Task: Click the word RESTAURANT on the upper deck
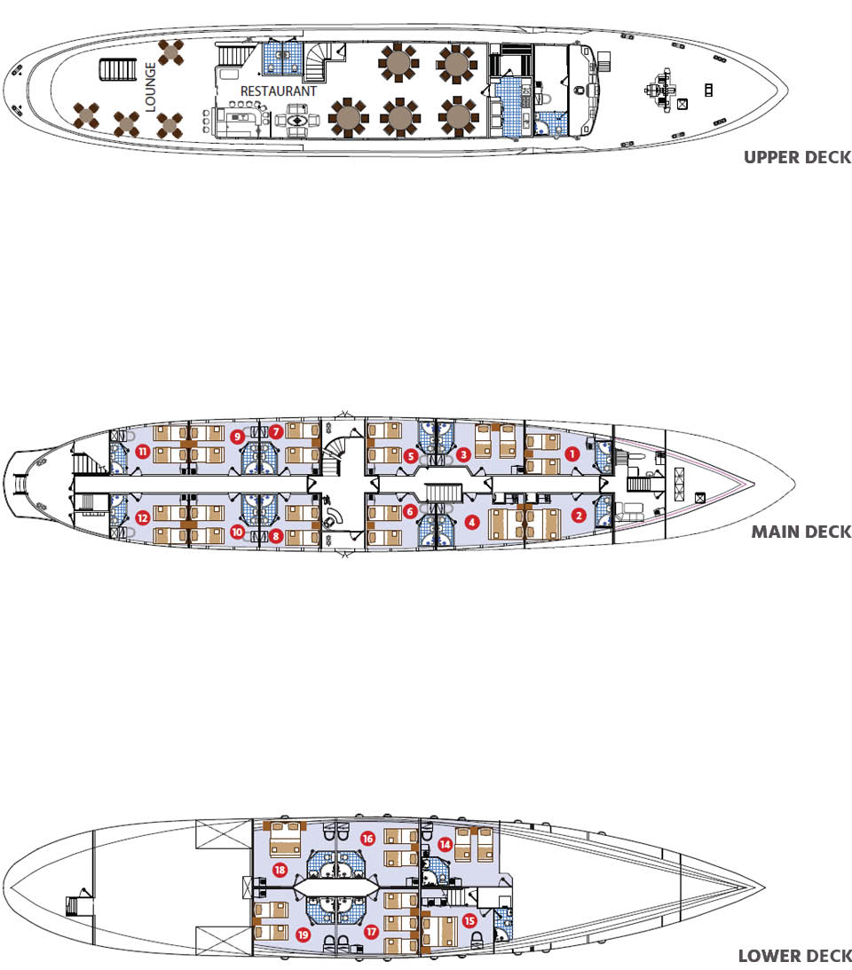(x=279, y=91)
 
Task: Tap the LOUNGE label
(x=150, y=87)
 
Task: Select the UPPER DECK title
(x=798, y=157)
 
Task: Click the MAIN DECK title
(x=801, y=532)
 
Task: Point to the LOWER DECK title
(x=795, y=956)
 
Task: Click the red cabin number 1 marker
(x=572, y=454)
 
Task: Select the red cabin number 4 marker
(x=472, y=522)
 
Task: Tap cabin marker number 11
(x=143, y=452)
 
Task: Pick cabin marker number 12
(x=143, y=517)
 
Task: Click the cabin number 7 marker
(x=276, y=432)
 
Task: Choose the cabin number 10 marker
(x=237, y=532)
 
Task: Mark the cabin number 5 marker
(x=410, y=456)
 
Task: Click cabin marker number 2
(x=579, y=515)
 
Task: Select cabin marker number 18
(x=280, y=870)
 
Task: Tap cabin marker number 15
(x=469, y=921)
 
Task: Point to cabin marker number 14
(x=445, y=844)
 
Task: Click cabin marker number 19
(x=303, y=935)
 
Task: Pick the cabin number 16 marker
(x=368, y=839)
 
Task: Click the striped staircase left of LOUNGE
(x=117, y=69)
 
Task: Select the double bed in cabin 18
(x=285, y=839)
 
